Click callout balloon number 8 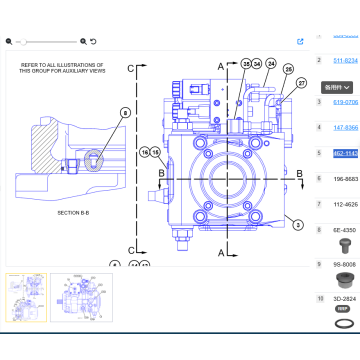pos(125,114)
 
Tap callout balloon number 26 pos(288,69)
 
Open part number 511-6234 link pos(345,61)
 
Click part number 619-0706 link pos(345,101)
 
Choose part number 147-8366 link pos(345,127)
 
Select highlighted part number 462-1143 pos(345,153)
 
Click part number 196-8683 pos(345,179)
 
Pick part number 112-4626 pos(345,205)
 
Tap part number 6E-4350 pos(345,231)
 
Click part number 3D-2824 pos(345,298)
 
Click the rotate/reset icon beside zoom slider pos(94,41)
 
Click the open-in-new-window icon pos(301,42)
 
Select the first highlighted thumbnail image pos(25,296)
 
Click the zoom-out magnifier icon pos(9,41)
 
